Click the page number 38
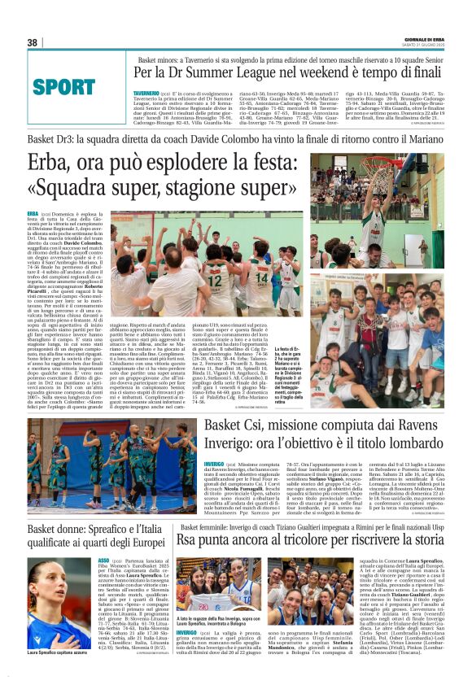[x=33, y=42]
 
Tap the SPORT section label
[x=65, y=86]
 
